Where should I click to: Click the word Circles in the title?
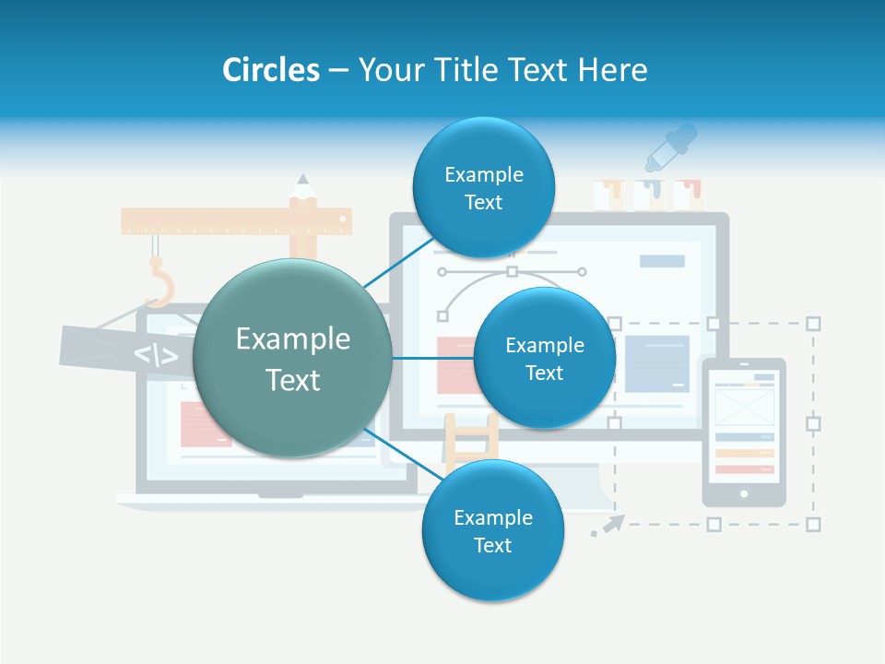270,70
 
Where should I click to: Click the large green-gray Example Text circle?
293,359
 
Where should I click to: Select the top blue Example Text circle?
483,188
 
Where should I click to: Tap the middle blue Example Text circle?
544,359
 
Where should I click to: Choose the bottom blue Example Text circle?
492,531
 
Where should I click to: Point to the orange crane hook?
159,283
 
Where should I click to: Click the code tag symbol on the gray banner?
156,355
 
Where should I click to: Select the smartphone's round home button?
744,493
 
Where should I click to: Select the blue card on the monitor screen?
656,363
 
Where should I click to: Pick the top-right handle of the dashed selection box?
813,324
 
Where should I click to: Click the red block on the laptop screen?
205,424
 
